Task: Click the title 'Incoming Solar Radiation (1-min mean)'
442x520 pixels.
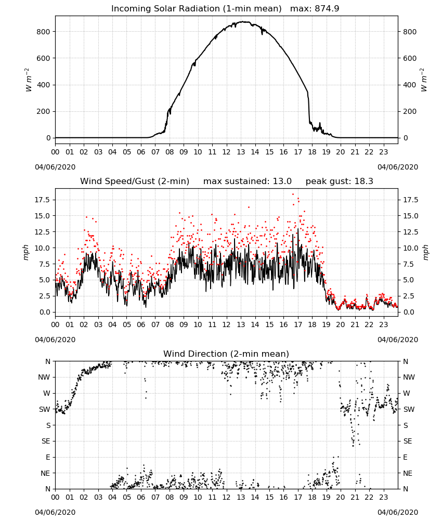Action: (x=196, y=9)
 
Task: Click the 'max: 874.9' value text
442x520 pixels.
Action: (x=315, y=9)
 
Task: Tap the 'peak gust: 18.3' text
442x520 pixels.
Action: (x=339, y=181)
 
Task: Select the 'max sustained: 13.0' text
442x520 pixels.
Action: (x=248, y=181)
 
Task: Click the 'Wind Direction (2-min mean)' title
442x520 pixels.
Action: (x=226, y=354)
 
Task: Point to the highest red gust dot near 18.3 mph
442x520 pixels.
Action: (x=293, y=194)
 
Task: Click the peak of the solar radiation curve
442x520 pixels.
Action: (x=244, y=22)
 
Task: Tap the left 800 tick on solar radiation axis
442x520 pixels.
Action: (x=44, y=32)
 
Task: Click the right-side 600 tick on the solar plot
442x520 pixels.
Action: (x=410, y=58)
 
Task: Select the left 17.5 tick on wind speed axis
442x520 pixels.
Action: (x=43, y=200)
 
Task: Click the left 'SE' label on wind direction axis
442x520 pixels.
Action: (x=46, y=441)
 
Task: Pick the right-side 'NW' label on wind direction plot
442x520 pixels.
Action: (x=409, y=378)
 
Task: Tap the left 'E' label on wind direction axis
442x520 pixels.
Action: (x=48, y=457)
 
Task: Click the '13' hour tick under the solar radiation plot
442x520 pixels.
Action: (x=241, y=152)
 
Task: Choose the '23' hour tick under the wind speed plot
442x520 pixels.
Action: (x=383, y=324)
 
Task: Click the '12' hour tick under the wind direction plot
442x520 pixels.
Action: (x=227, y=498)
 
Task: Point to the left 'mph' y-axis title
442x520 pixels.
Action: (x=26, y=252)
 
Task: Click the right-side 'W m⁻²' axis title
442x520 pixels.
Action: (x=424, y=80)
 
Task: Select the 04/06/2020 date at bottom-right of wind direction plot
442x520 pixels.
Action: (x=398, y=512)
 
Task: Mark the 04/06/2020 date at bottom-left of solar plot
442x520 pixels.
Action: (x=55, y=167)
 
